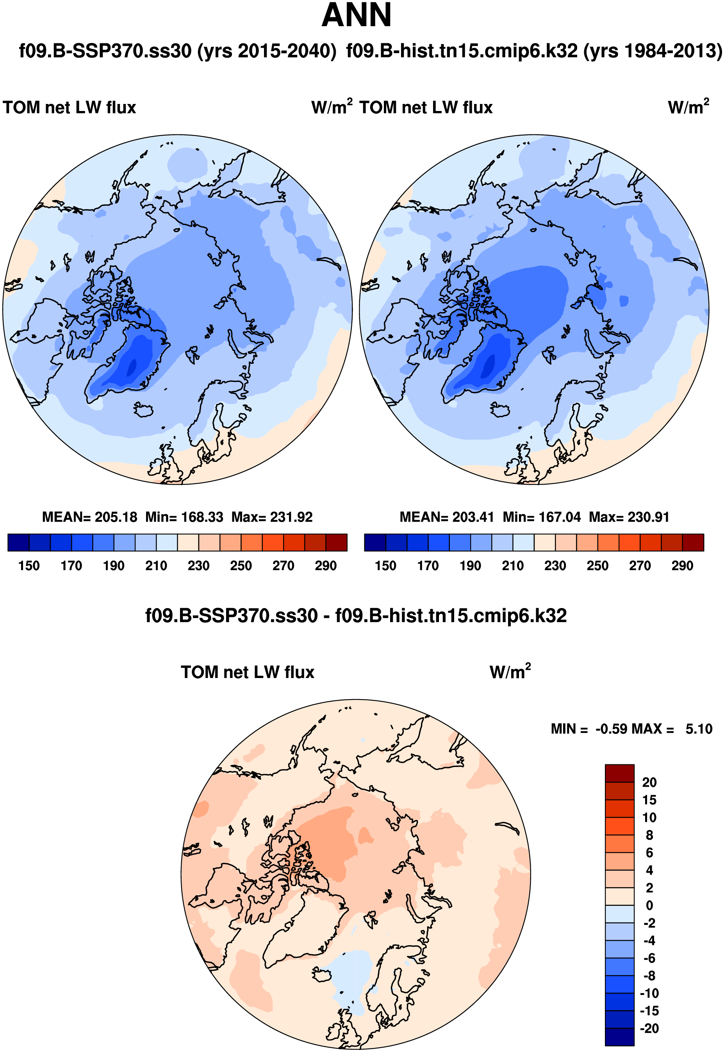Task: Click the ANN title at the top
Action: tap(356, 15)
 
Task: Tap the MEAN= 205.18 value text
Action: tap(89, 517)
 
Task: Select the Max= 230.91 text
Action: tap(629, 517)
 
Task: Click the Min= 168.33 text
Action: tap(184, 517)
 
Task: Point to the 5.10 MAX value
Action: tap(699, 729)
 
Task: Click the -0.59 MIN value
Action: tap(612, 729)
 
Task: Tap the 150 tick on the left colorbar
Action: tap(29, 566)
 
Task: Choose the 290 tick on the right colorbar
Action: tap(682, 566)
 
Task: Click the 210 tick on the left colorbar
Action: tap(156, 566)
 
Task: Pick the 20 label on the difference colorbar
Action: tap(649, 782)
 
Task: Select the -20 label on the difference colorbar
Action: tap(649, 1029)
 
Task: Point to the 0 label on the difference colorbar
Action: tap(649, 905)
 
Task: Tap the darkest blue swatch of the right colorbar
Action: tap(375, 542)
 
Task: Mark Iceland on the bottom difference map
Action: tap(323, 974)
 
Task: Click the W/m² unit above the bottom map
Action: tap(510, 672)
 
